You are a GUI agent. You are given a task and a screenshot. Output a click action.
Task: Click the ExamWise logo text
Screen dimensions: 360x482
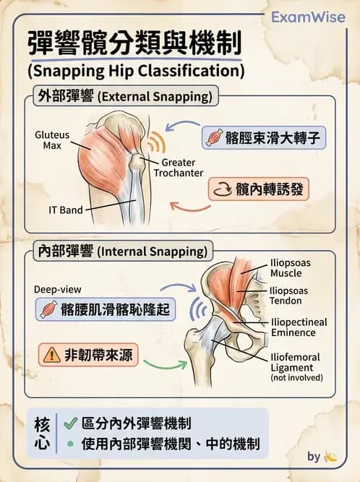pos(309,17)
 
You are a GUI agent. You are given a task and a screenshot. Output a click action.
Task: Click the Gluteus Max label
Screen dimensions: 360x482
pos(52,140)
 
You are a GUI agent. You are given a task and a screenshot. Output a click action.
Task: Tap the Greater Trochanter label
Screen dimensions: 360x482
pos(179,168)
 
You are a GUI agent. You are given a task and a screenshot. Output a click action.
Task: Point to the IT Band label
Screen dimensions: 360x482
pos(66,210)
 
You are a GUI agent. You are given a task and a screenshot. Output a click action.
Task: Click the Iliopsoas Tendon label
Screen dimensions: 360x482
pos(288,296)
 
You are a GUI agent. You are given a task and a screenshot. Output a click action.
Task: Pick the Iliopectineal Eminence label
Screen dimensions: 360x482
pos(299,327)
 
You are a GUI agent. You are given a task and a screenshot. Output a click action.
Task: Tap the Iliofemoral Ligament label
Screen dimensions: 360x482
pos(295,362)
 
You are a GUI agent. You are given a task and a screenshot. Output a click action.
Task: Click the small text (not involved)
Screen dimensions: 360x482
pos(296,377)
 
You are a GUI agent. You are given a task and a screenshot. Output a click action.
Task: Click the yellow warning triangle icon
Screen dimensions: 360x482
pos(51,355)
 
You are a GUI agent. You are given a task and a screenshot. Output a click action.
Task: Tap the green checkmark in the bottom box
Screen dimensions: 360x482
pos(70,423)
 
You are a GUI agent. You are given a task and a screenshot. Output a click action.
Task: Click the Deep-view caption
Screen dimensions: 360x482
pos(58,289)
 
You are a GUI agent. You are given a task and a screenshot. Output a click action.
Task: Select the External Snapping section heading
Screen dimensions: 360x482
pos(126,97)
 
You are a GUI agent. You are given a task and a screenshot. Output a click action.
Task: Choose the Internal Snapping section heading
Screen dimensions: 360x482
pos(123,251)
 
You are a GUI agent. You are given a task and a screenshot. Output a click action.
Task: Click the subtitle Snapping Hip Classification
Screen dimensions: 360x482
pos(136,71)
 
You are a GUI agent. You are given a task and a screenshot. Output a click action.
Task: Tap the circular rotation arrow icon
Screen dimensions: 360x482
pos(222,189)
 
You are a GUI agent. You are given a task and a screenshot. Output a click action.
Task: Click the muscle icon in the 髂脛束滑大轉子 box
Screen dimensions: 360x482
pos(214,137)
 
